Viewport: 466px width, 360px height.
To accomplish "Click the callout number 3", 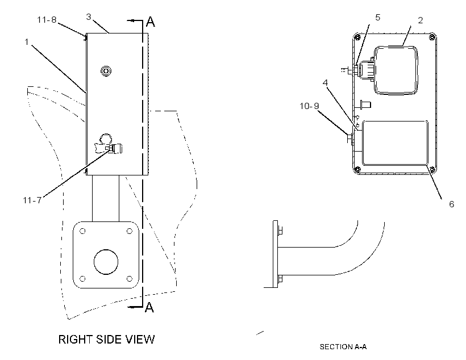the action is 89,17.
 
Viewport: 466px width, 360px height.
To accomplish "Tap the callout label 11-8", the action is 47,20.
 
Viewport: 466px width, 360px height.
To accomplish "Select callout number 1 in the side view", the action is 27,42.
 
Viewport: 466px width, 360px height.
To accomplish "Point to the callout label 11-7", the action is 32,200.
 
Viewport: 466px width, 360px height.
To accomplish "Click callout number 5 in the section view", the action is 378,18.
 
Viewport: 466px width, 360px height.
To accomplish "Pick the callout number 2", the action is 420,20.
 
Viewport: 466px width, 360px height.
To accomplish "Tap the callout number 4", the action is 326,82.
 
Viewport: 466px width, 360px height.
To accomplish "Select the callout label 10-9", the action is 309,106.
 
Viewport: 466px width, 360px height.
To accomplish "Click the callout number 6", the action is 451,204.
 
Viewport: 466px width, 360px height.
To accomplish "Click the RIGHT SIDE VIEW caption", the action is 106,339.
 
